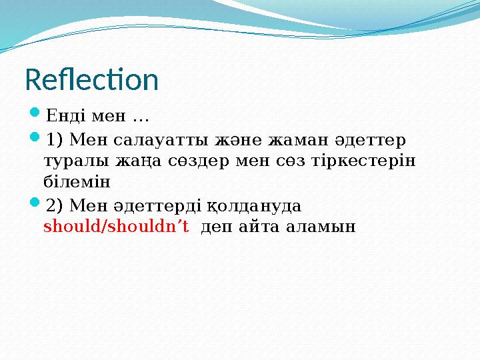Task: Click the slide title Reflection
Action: pos(92,80)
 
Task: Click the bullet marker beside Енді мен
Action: pos(37,118)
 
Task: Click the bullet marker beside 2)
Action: pos(37,205)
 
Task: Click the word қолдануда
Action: pos(265,205)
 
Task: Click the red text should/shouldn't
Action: pos(116,226)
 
